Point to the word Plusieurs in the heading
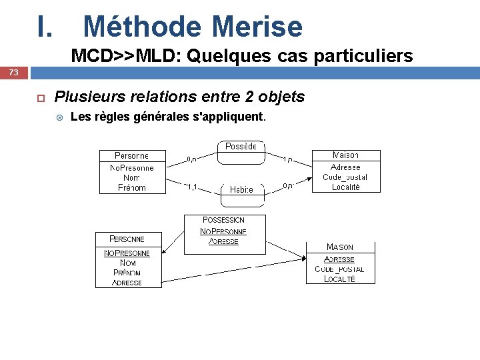[x=86, y=97]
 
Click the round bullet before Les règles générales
[x=59, y=118]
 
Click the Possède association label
[x=241, y=147]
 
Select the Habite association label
[x=241, y=189]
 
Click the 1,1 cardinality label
[x=191, y=187]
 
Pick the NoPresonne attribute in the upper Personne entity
[x=132, y=168]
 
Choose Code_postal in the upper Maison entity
[x=345, y=177]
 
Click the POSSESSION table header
[x=224, y=220]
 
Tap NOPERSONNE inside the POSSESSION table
[x=224, y=231]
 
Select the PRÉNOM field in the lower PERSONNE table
[x=127, y=273]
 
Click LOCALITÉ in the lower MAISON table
[x=339, y=279]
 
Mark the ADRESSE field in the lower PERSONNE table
[x=127, y=283]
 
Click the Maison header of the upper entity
[x=345, y=155]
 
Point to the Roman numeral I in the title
[x=44, y=27]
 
